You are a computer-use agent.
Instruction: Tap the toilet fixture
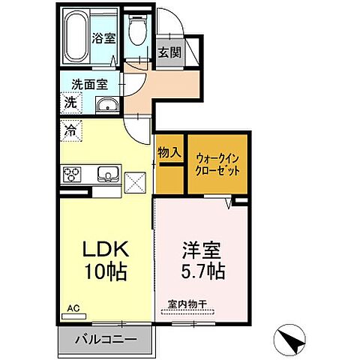136,33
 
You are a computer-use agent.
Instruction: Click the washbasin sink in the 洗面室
107,105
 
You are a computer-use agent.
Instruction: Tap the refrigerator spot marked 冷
69,128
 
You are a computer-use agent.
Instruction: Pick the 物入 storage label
169,152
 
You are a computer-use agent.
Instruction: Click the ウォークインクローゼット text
218,164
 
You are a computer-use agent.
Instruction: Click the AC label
73,308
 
